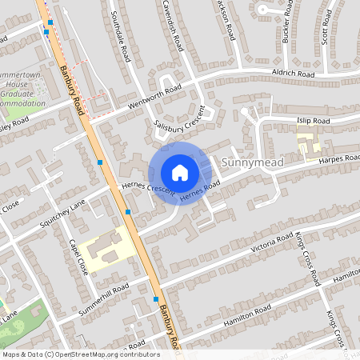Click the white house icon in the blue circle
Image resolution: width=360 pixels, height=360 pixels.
click(x=180, y=172)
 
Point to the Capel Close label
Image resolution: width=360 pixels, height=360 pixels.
click(x=78, y=256)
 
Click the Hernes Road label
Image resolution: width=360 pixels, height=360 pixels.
click(x=199, y=192)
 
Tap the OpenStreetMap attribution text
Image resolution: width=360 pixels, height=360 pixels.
click(x=80, y=354)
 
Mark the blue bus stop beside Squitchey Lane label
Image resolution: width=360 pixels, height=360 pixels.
click(x=128, y=211)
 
